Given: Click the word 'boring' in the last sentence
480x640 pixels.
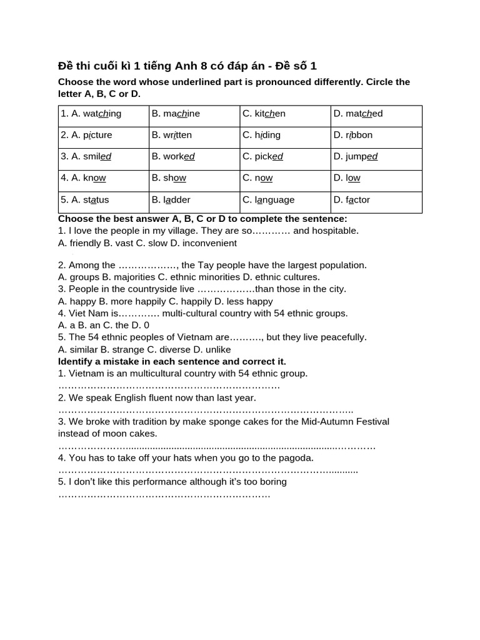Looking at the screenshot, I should (x=272, y=482).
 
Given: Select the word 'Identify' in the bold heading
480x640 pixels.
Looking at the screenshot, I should (x=76, y=362).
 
